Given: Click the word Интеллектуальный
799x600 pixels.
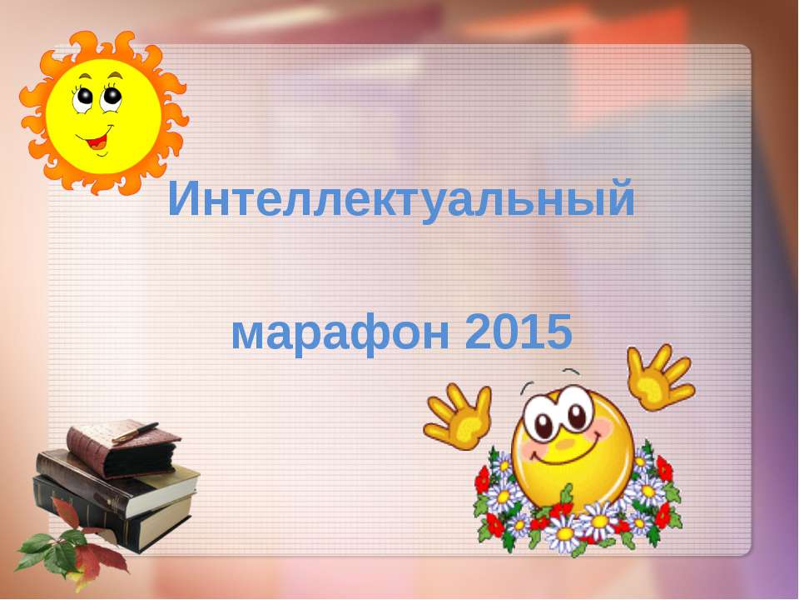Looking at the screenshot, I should coord(401,201).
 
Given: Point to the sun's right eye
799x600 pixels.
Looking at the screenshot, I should coord(111,96).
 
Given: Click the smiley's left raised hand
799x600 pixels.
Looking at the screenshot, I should coord(458,414).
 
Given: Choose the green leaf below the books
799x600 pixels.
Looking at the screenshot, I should coord(37,549).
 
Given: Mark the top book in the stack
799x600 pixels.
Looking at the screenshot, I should coord(125,450).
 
